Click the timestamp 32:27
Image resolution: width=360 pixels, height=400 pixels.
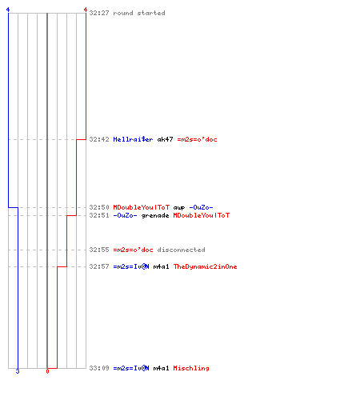99,13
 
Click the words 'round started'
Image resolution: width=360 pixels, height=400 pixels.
139,13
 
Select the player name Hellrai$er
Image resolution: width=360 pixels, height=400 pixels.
133,139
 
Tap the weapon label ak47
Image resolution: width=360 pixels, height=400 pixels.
165,139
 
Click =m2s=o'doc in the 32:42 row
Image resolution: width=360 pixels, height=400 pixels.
197,139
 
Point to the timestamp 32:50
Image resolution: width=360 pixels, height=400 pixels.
99,207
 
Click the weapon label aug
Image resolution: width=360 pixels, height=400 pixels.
179,208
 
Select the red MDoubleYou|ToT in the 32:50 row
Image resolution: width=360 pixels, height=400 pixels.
142,207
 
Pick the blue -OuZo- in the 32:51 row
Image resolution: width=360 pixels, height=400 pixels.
125,215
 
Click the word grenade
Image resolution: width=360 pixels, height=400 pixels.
155,216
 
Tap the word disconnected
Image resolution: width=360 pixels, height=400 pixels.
181,250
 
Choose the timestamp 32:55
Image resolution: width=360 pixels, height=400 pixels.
99,250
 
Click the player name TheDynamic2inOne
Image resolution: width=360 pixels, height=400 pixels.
205,266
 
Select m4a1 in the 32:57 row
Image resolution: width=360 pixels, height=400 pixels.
161,266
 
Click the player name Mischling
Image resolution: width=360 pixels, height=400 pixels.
191,368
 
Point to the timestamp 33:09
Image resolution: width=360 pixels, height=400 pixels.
99,368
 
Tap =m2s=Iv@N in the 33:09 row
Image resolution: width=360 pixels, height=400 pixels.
131,368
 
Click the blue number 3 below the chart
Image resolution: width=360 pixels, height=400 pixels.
18,371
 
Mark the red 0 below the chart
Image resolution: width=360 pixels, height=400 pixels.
47,371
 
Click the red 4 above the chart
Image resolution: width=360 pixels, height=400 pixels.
86,10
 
